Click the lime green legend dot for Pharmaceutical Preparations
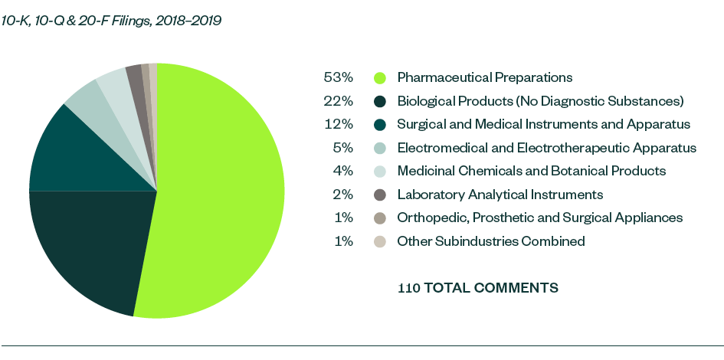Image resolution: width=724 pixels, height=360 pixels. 379,77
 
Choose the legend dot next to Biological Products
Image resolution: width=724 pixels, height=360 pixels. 379,101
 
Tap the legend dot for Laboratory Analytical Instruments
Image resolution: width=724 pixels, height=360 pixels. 379,195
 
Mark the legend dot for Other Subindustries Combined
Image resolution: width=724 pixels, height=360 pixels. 379,241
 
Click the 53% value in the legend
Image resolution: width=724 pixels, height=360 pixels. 339,77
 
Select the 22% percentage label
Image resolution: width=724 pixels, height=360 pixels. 339,101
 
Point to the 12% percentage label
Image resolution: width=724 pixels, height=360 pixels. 339,124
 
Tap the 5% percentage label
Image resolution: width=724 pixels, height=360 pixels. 342,148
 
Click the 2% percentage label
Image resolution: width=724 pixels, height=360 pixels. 342,195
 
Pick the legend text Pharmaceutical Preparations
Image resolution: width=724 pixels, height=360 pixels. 484,77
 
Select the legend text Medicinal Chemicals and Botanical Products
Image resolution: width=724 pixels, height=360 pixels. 531,171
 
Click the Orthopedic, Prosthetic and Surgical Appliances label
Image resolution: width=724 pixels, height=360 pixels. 539,218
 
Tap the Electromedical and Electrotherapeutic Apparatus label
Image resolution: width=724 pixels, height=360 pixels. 546,148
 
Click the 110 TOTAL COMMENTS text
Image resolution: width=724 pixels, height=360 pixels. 477,288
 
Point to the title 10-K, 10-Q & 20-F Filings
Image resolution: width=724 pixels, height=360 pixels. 112,21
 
